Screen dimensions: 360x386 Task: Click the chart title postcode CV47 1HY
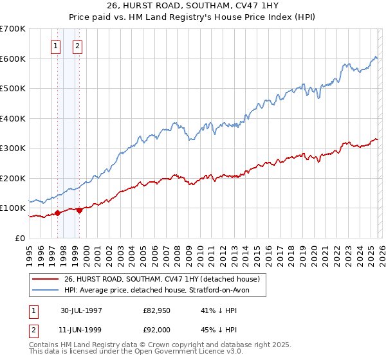click(x=264, y=7)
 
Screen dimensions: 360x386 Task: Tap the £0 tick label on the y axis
click(x=21, y=238)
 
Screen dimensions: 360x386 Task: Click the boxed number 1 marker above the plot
click(x=57, y=46)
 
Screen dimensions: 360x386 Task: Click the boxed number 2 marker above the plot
click(x=78, y=46)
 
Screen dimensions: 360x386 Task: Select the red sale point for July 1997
click(x=57, y=213)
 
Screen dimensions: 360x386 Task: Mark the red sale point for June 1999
click(x=79, y=210)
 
